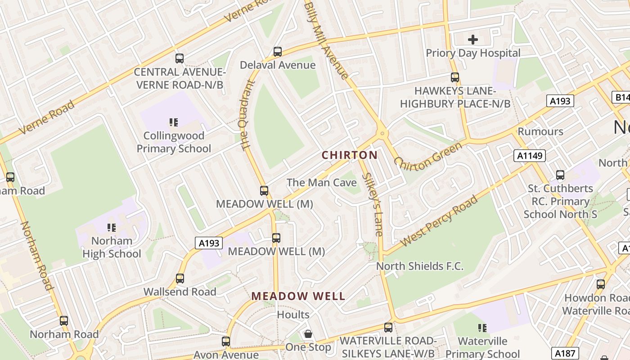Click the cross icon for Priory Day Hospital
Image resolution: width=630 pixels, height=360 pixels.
click(x=472, y=40)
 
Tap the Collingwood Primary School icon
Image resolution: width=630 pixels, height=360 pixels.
click(x=174, y=122)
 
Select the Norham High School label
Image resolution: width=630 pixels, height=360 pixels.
click(x=112, y=247)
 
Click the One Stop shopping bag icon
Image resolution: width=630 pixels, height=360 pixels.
click(x=308, y=334)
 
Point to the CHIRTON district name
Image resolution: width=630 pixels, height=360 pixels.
click(x=350, y=155)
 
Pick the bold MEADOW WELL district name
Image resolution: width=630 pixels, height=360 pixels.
click(x=298, y=296)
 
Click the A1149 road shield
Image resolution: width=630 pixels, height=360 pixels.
click(x=529, y=156)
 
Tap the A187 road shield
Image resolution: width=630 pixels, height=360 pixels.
click(x=564, y=353)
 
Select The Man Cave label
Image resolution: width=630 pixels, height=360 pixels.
click(x=322, y=182)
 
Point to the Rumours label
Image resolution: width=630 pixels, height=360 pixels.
click(x=540, y=131)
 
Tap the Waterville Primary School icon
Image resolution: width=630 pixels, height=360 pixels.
click(x=482, y=328)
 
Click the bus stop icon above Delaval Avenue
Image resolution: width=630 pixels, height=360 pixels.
click(x=278, y=52)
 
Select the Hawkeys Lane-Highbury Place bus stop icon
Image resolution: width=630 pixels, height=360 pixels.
click(x=455, y=77)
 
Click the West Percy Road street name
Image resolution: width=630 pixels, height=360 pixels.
click(x=438, y=221)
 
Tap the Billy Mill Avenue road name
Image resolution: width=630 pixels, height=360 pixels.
click(x=326, y=40)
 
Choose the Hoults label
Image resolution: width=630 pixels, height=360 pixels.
click(x=293, y=315)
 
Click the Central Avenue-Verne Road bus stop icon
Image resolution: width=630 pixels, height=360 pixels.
click(x=180, y=58)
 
